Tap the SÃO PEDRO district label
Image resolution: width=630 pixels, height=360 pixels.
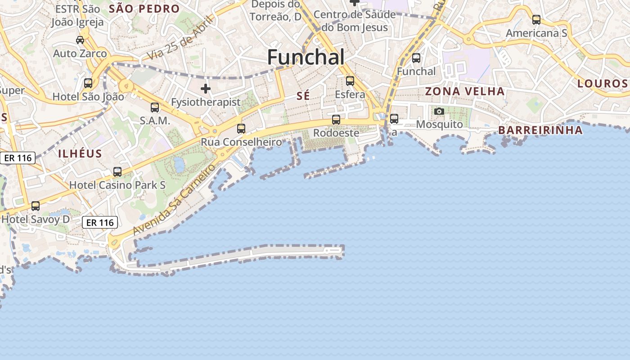(144, 9)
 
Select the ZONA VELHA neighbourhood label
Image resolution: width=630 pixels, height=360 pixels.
(465, 91)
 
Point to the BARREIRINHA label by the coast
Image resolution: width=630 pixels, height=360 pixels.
(540, 130)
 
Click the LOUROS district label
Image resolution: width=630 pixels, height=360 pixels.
(602, 83)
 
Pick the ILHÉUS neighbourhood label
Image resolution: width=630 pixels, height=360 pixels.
(80, 153)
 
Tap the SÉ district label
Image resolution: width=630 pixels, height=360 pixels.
(303, 96)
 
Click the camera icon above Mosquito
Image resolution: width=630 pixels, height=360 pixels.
(439, 111)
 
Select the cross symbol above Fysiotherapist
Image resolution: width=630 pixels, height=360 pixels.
(206, 89)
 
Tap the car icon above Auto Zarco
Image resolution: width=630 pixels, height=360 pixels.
(80, 40)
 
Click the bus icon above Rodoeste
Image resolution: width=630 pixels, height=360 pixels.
(336, 120)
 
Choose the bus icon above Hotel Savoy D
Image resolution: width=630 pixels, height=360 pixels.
(36, 206)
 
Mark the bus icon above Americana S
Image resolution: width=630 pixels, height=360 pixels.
(536, 20)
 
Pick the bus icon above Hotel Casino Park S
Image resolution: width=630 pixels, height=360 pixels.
(117, 172)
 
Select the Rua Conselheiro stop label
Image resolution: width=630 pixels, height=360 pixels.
(241, 142)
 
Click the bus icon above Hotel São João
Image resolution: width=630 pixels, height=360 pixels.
(88, 83)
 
